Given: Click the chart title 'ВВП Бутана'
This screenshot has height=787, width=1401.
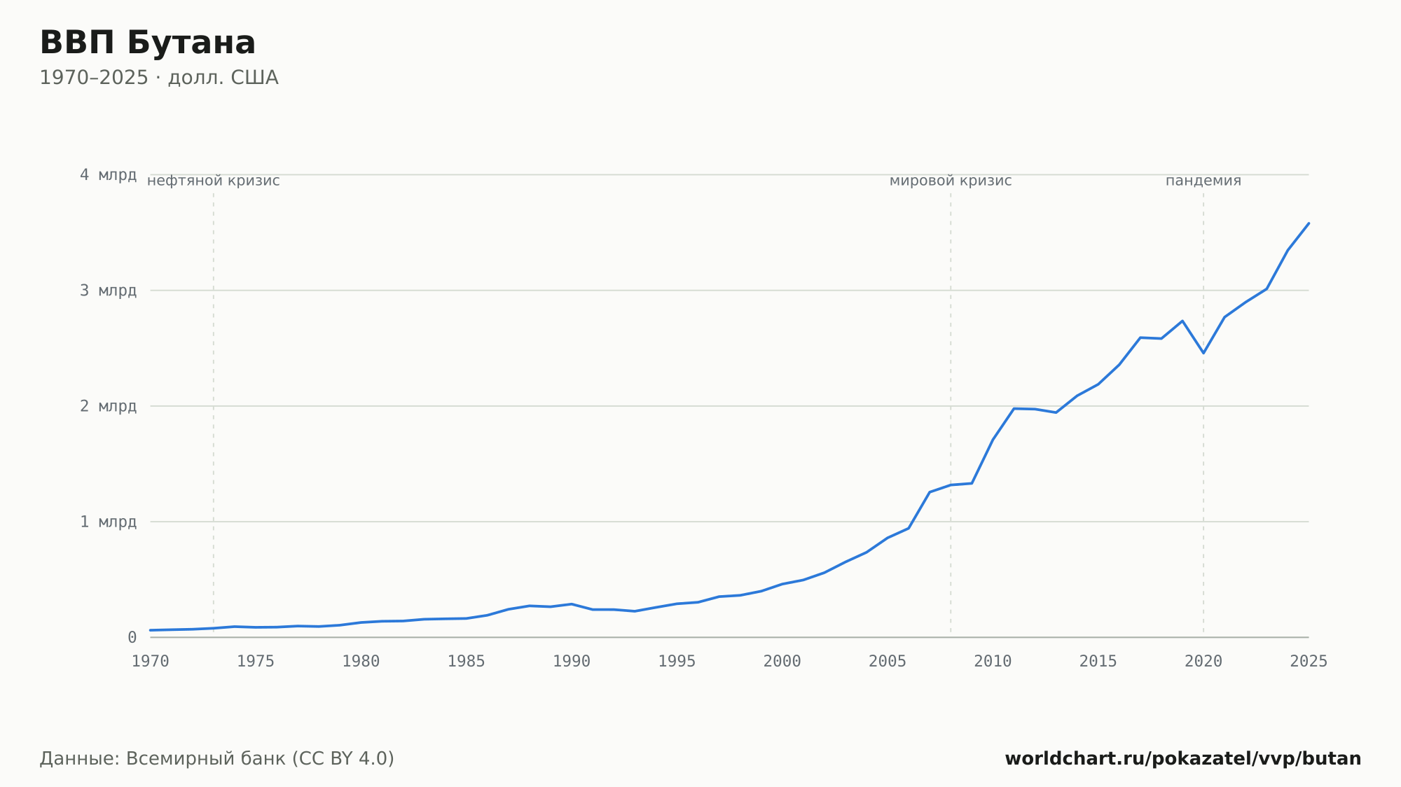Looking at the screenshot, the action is click(x=148, y=43).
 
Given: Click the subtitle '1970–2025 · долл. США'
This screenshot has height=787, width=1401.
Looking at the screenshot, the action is click(x=159, y=78).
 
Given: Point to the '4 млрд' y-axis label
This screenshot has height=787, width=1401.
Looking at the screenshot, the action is click(x=108, y=175).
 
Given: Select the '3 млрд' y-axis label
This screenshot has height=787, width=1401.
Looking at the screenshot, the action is click(x=108, y=291).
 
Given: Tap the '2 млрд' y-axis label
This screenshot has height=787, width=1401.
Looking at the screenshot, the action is click(x=108, y=406).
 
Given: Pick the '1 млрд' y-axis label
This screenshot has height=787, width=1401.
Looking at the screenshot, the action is click(x=108, y=522).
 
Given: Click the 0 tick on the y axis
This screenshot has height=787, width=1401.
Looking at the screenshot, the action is click(x=132, y=638).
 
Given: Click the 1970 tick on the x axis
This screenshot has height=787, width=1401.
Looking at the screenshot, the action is click(x=151, y=662).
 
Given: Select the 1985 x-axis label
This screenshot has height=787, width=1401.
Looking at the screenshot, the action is click(x=467, y=662).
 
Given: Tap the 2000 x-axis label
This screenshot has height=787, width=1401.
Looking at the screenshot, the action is click(x=782, y=662).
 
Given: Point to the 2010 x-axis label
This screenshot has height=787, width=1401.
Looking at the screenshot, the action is click(x=993, y=662).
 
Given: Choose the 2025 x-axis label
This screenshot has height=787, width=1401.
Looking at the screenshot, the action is click(x=1309, y=662).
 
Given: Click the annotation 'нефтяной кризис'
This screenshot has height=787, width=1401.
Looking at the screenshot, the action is click(x=214, y=181).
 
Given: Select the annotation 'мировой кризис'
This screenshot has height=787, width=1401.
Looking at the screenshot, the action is click(x=951, y=181).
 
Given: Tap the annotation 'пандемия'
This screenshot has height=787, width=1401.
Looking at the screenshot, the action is click(x=1203, y=181).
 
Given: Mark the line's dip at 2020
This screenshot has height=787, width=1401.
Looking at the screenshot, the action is click(x=1203, y=353).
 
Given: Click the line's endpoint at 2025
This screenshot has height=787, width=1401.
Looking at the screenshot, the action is click(x=1309, y=223).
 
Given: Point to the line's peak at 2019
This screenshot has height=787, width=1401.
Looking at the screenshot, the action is click(x=1182, y=321).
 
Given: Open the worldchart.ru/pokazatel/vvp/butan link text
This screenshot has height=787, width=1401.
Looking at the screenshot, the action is click(x=1183, y=759).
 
